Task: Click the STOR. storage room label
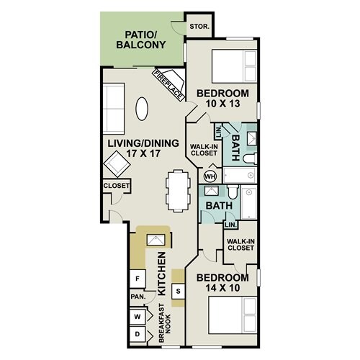[199, 27]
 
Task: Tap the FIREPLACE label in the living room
[168, 85]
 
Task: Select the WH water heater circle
[210, 177]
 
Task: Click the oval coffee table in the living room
[142, 109]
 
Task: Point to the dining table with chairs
[178, 191]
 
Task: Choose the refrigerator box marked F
[138, 279]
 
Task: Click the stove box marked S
[178, 292]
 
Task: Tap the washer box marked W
[138, 317]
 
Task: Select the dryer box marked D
[138, 334]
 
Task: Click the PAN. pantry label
[138, 297]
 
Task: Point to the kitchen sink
[156, 240]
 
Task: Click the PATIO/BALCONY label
[141, 40]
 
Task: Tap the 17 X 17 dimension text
[143, 153]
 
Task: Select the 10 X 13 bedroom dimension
[223, 104]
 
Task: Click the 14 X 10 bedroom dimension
[223, 288]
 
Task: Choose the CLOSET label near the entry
[117, 186]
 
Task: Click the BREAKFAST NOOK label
[165, 323]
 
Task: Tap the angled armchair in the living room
[117, 163]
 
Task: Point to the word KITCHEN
[161, 274]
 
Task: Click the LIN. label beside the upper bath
[219, 132]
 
